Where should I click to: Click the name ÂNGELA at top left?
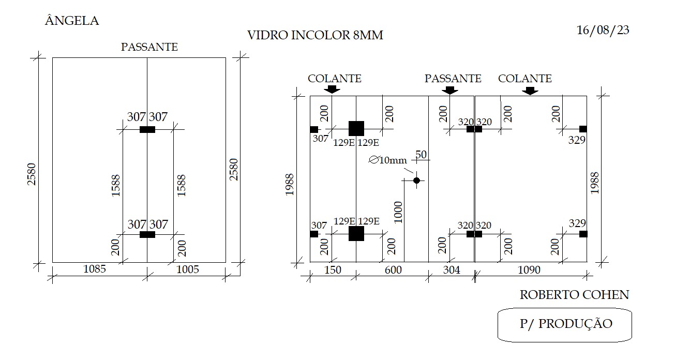[72, 21]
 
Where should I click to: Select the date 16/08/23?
[603, 30]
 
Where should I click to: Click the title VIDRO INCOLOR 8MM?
[315, 35]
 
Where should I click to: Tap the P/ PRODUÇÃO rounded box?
[565, 325]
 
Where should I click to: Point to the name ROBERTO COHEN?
[574, 295]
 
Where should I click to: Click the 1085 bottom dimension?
[95, 269]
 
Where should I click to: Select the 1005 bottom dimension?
[187, 269]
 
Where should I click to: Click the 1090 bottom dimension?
[529, 269]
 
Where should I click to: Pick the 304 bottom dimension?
[452, 269]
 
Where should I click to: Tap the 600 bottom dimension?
[393, 269]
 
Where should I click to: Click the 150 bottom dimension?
[333, 269]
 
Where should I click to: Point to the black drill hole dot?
[416, 181]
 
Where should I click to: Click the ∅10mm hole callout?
[388, 160]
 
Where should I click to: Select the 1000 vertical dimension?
[398, 213]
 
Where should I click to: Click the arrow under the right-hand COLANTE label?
[530, 91]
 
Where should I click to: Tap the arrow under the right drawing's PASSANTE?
[450, 91]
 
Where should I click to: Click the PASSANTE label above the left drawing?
[149, 47]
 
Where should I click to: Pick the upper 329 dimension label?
[577, 140]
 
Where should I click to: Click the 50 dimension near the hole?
[421, 154]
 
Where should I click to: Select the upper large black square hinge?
[356, 129]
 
